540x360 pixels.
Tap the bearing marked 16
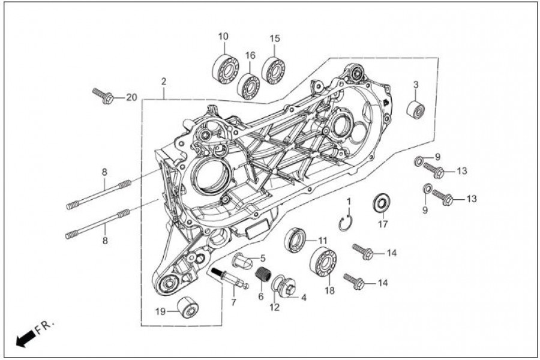[x=248, y=85]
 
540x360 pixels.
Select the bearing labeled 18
[x=323, y=261]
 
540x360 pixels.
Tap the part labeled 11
[x=296, y=238]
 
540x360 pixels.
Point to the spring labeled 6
[x=262, y=276]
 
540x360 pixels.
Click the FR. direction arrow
[x=25, y=340]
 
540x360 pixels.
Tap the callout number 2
[x=163, y=81]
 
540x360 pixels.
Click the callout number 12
[x=274, y=308]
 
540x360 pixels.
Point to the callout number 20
[x=131, y=98]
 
